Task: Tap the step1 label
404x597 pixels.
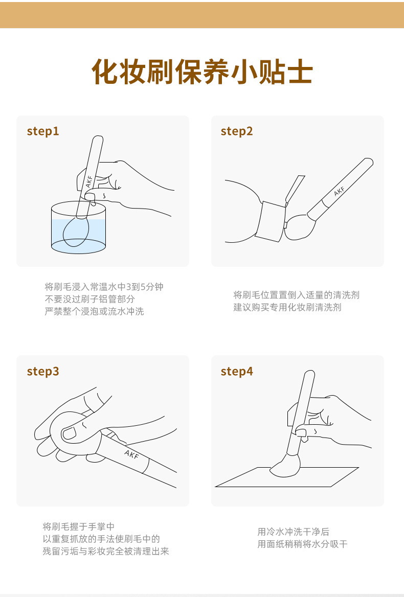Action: coord(43,131)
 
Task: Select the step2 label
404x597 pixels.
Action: coord(236,131)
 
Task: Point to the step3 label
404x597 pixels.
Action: coord(43,371)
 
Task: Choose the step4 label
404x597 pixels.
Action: coord(236,371)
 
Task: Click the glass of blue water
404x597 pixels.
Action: coord(78,228)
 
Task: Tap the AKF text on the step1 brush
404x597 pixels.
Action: coord(89,181)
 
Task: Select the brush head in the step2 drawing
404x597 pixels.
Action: coord(300,227)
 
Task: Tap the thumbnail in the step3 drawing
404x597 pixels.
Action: coord(70,432)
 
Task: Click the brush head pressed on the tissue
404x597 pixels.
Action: coord(285,466)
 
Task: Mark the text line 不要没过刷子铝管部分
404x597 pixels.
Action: coord(89,299)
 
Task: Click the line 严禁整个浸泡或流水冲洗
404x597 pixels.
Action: coord(94,311)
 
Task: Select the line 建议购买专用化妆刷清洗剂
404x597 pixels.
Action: coord(287,307)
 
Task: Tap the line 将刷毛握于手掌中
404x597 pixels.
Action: coord(78,526)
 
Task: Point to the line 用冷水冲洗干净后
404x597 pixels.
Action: coord(293,532)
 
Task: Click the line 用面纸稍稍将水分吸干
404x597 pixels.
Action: coord(302,544)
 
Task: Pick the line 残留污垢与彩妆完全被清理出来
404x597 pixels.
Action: coord(106,551)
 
